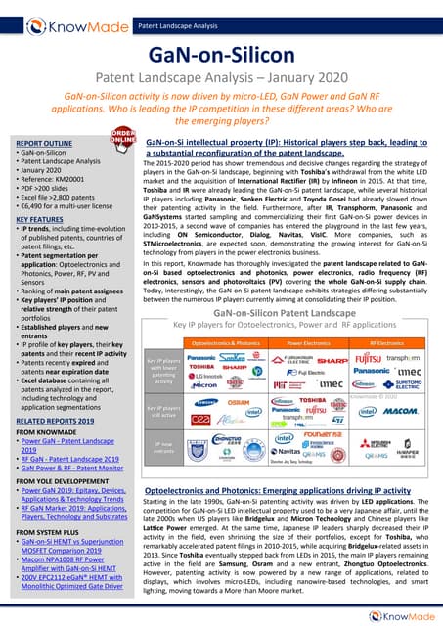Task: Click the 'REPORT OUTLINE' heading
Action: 38,144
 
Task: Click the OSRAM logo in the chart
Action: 240,402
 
